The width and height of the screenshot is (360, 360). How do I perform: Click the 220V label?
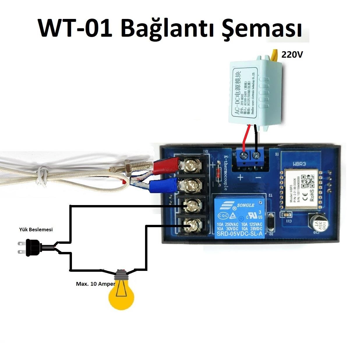click(292, 54)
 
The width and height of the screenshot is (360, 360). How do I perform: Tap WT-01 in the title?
click(75, 29)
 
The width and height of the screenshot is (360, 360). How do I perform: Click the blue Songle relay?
click(240, 217)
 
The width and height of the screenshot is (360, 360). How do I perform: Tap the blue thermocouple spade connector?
click(163, 186)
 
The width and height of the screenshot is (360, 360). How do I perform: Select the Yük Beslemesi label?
click(36, 230)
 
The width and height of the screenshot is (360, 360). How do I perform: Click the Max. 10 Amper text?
click(96, 284)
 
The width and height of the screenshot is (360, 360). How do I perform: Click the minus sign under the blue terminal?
click(258, 177)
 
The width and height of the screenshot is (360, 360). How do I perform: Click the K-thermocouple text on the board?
click(225, 173)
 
